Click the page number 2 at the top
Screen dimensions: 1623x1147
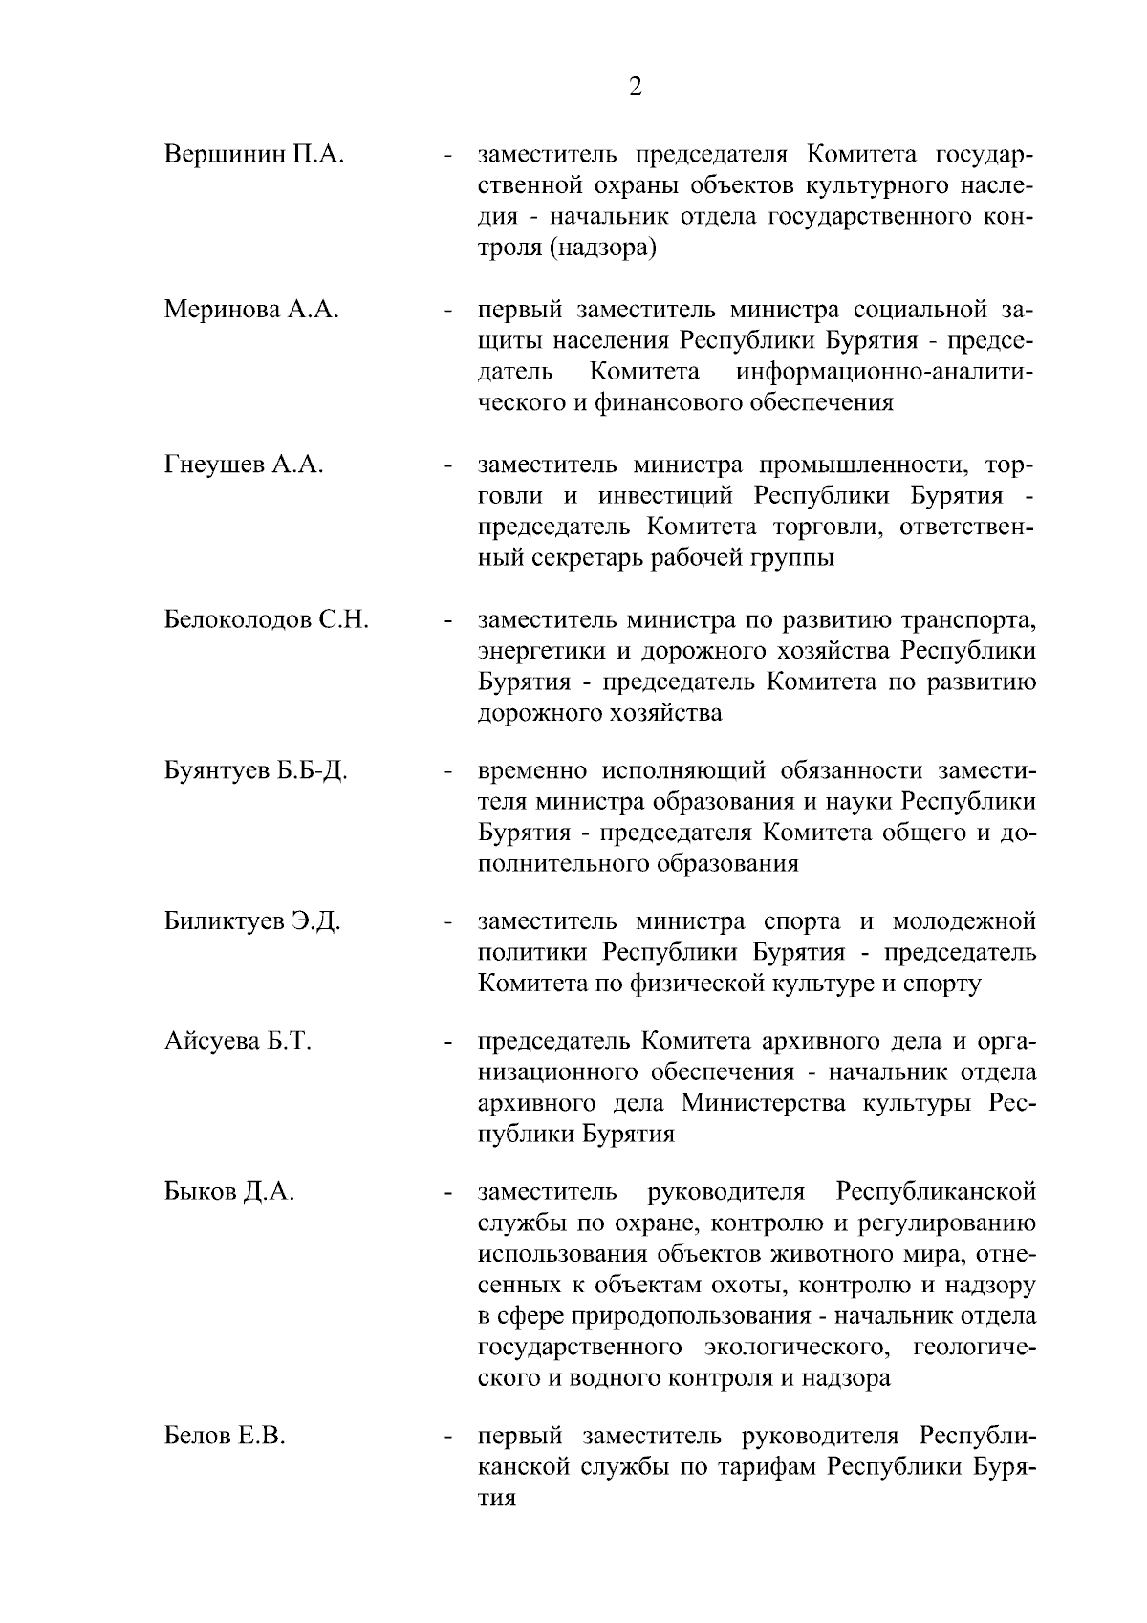(x=635, y=88)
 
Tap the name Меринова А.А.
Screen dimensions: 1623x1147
(x=251, y=310)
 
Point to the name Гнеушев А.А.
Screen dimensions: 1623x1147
(x=244, y=465)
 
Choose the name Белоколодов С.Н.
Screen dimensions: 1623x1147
(x=267, y=619)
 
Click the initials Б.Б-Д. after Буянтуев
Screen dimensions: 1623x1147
(x=312, y=770)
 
